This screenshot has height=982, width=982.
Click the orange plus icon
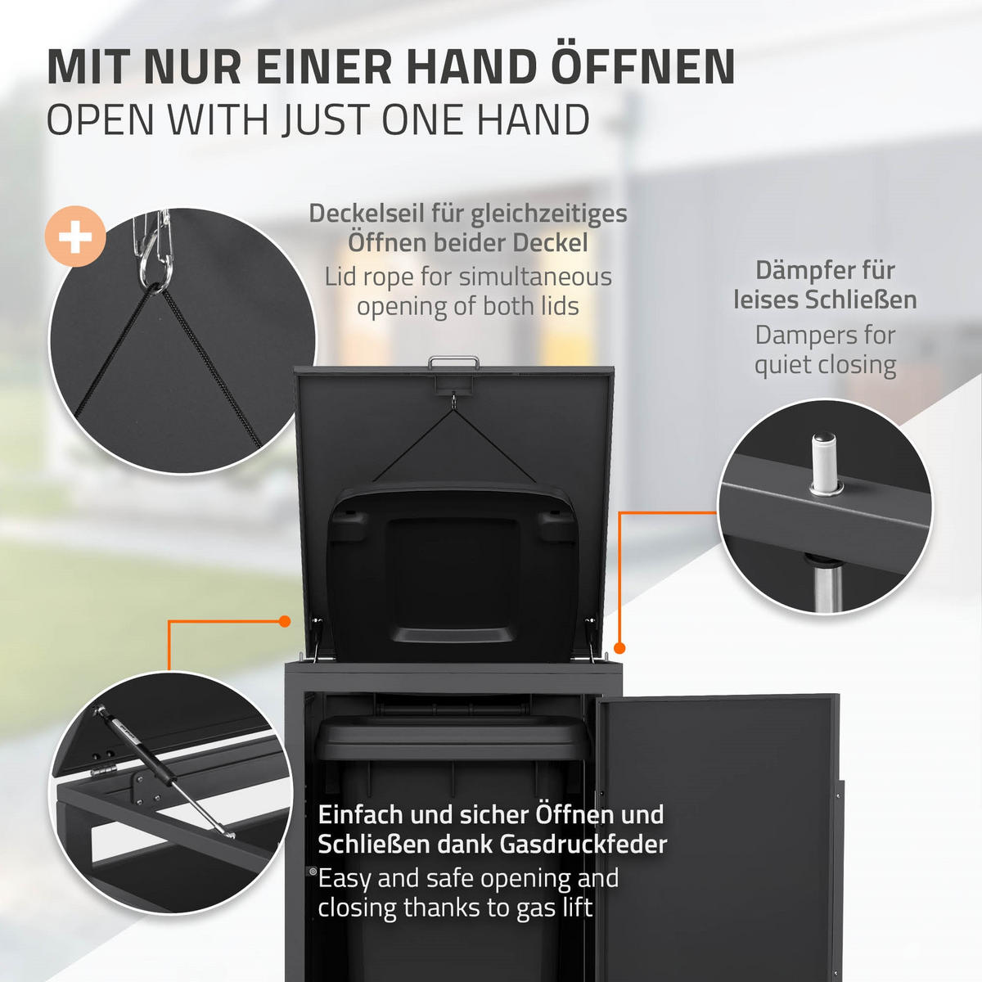point(75,237)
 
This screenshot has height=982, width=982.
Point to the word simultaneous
point(535,277)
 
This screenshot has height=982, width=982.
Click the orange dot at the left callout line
point(285,622)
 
